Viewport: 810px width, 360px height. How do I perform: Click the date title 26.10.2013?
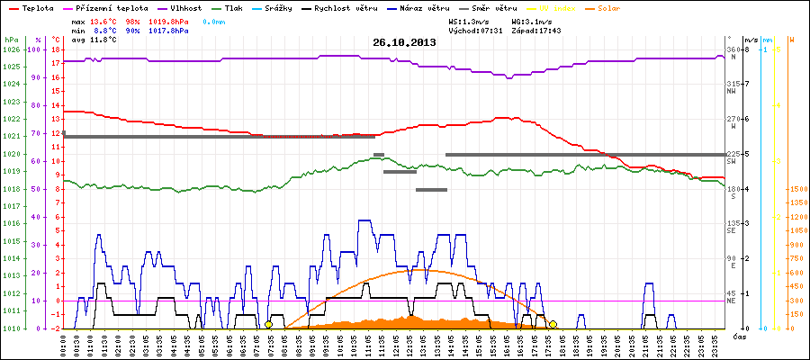[404, 42]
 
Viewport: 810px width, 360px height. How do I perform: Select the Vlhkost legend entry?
[186, 7]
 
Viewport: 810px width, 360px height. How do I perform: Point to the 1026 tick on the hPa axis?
[11, 49]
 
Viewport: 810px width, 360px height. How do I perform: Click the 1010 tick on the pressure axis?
[11, 328]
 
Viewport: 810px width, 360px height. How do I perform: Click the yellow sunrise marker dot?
[268, 324]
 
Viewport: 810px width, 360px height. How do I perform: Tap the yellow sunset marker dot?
[553, 324]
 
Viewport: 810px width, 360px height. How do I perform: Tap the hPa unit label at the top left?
[11, 40]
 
